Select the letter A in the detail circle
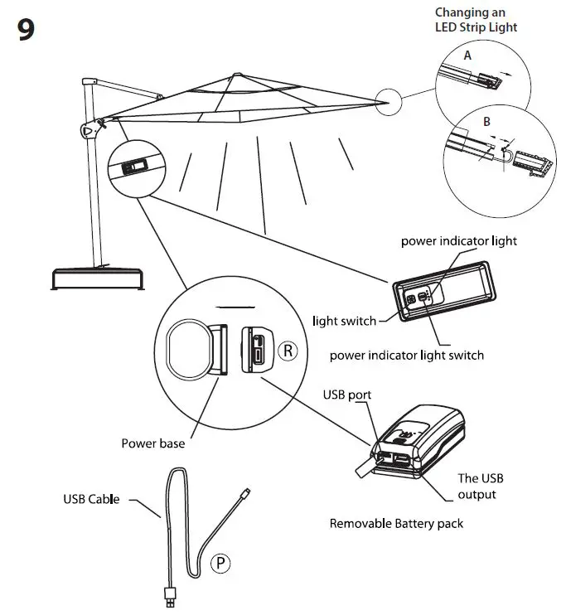pos(467,56)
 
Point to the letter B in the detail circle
pos(486,121)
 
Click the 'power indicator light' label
pos(458,241)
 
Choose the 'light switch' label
pos(344,321)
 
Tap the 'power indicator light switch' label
pos(406,355)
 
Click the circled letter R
pos(287,351)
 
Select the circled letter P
pos(220,564)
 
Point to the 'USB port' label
pos(346,395)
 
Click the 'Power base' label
pos(153,443)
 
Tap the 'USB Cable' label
pos(91,499)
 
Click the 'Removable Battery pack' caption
pos(396,523)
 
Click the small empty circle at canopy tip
pos(388,104)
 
